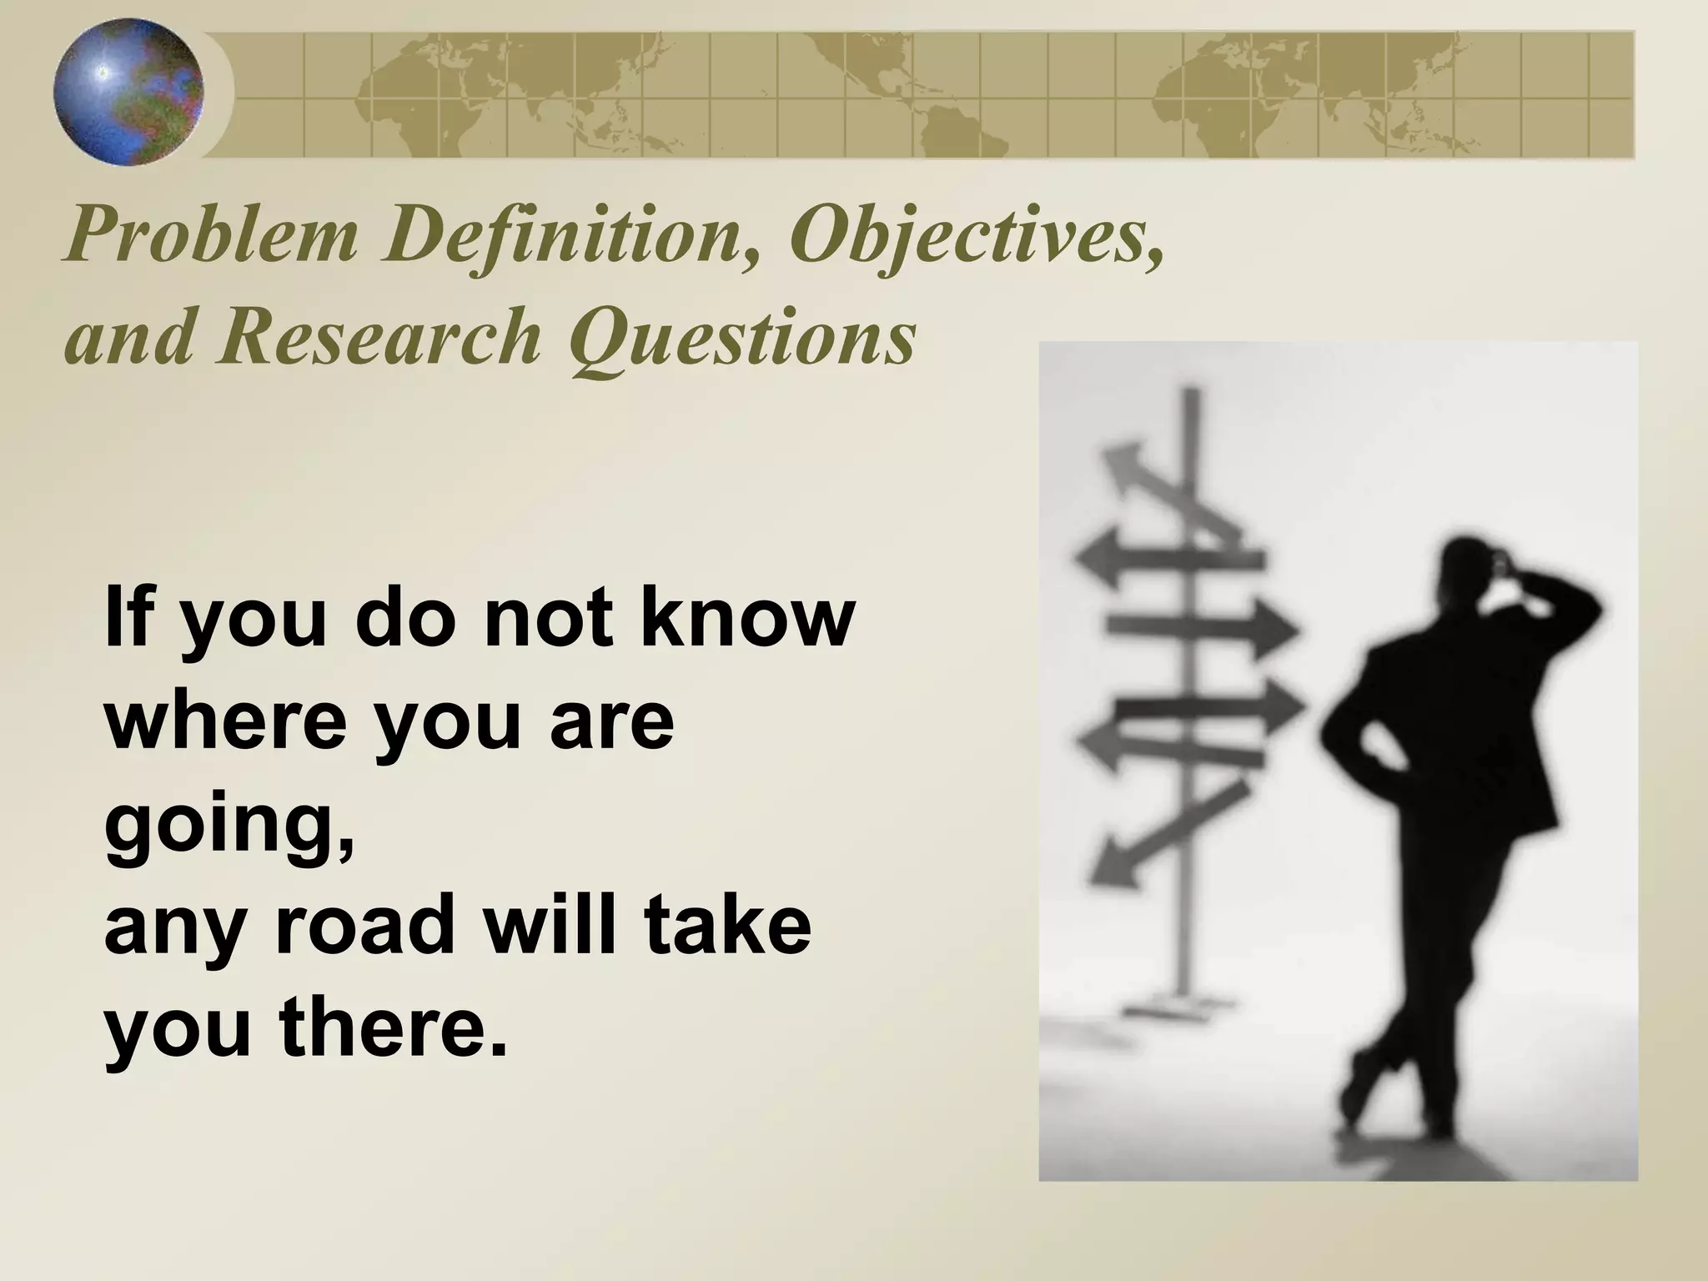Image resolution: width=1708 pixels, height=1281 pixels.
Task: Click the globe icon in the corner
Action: (128, 93)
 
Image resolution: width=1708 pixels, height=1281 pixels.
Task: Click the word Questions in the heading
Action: (742, 339)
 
